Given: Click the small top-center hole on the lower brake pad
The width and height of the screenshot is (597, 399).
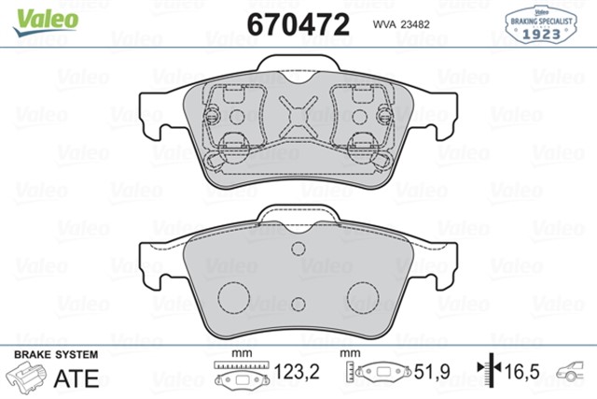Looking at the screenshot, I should click(298, 249).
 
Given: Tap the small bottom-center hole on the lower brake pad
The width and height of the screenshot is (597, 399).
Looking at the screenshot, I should click(298, 304).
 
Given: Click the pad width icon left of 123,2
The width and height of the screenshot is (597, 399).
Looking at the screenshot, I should click(242, 374).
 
